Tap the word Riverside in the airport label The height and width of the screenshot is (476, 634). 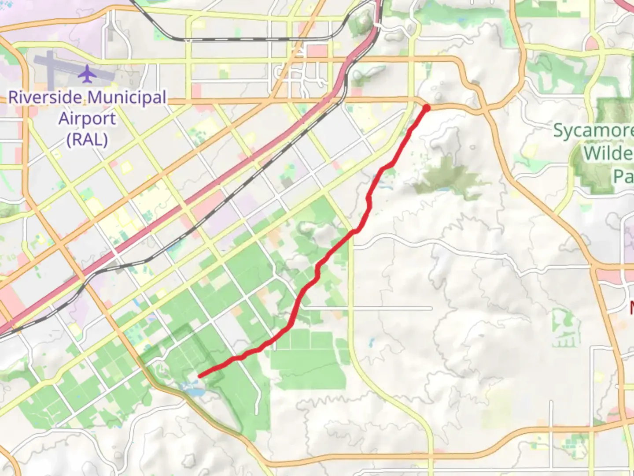(45, 97)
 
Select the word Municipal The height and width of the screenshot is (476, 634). (127, 97)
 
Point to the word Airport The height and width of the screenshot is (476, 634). (87, 119)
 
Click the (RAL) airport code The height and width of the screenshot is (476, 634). (87, 140)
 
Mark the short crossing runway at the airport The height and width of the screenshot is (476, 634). (50, 71)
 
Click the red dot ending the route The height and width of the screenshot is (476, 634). (426, 108)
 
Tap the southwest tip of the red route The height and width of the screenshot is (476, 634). (200, 376)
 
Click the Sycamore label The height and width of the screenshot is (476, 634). (592, 131)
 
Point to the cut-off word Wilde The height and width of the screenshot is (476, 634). (608, 153)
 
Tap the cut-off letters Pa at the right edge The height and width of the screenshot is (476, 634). (623, 176)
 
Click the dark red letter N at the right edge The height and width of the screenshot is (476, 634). (631, 307)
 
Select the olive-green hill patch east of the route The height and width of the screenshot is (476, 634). (447, 178)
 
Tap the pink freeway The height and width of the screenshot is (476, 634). (220, 185)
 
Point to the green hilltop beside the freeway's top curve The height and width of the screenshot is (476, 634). (362, 22)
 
